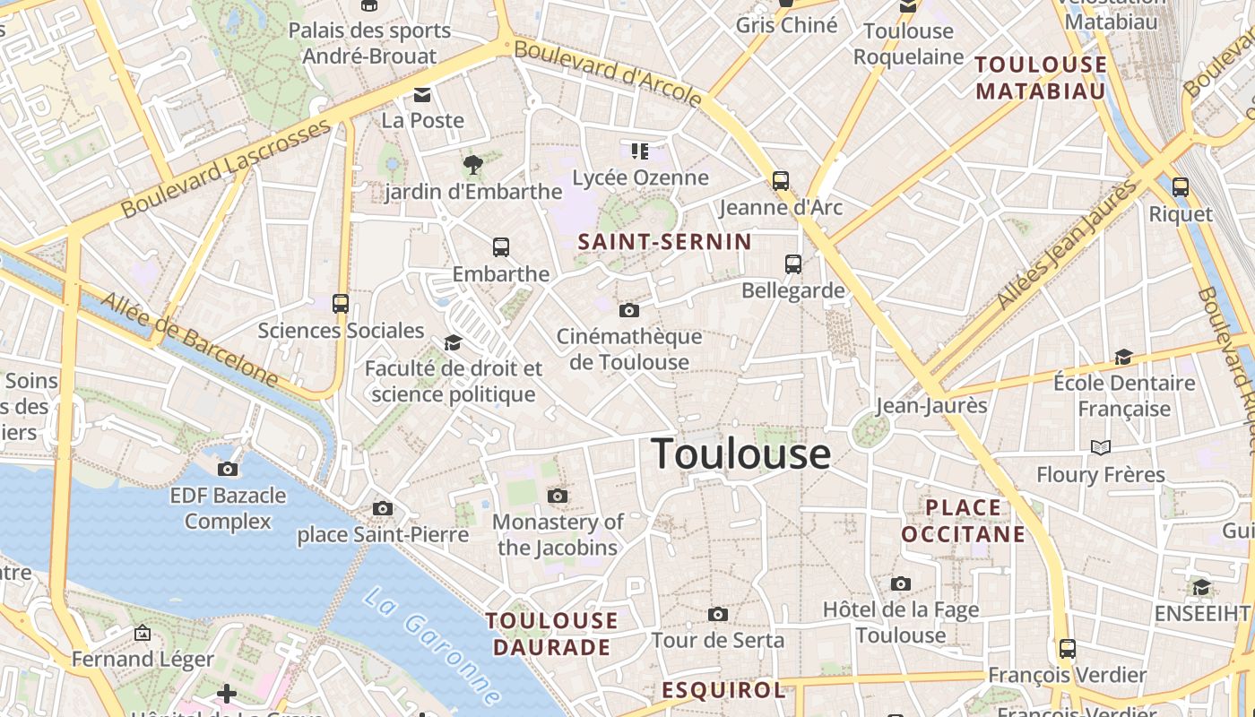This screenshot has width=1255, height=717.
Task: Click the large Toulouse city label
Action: pyautogui.click(x=740, y=454)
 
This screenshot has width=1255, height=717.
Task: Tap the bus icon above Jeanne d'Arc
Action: pyautogui.click(x=781, y=181)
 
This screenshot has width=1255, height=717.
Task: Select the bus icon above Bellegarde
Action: pyautogui.click(x=793, y=263)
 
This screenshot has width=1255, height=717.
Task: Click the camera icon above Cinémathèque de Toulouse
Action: pyautogui.click(x=629, y=310)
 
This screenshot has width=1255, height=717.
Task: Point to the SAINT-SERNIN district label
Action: pyautogui.click(x=664, y=242)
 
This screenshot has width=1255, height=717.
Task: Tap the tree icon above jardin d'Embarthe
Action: pyautogui.click(x=473, y=165)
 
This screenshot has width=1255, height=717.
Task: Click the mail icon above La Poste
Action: pyautogui.click(x=422, y=95)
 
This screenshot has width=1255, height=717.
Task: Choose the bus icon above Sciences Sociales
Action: pyautogui.click(x=341, y=304)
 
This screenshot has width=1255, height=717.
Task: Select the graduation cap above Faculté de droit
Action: pyautogui.click(x=453, y=343)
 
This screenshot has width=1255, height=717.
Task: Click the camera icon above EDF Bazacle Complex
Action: pyautogui.click(x=228, y=469)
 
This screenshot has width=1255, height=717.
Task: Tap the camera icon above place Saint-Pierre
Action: pyautogui.click(x=383, y=508)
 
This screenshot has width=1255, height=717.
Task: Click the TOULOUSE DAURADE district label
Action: pyautogui.click(x=551, y=634)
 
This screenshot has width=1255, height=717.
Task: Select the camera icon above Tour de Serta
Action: pyautogui.click(x=717, y=614)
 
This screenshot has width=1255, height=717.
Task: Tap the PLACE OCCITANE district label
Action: pyautogui.click(x=963, y=522)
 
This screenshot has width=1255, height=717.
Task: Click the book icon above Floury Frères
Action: pyautogui.click(x=1100, y=447)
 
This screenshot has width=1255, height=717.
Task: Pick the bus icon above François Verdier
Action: pyautogui.click(x=1067, y=648)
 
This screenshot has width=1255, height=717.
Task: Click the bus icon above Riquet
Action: pyautogui.click(x=1181, y=186)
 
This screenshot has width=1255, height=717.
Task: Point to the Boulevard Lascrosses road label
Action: pyautogui.click(x=226, y=169)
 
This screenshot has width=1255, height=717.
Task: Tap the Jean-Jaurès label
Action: pyautogui.click(x=930, y=405)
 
